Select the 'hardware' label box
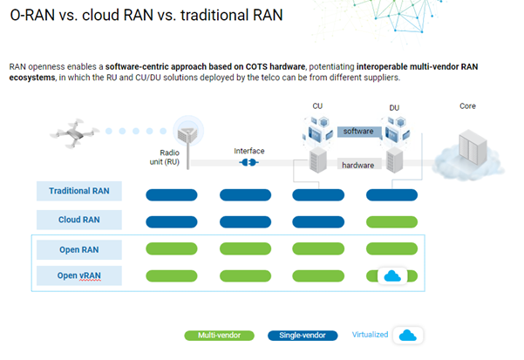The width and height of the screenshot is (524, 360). tap(358, 164)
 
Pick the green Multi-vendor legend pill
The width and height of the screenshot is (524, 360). tap(219, 335)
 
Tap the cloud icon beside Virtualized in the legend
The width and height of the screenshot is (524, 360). tap(407, 335)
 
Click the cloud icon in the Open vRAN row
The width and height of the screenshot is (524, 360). tap(391, 276)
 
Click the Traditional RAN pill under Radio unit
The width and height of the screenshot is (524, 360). tap(172, 193)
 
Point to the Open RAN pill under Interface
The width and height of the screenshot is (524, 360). tap(247, 249)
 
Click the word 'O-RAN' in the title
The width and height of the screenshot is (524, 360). tap(35, 17)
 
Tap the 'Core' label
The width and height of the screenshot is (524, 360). tap(467, 106)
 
